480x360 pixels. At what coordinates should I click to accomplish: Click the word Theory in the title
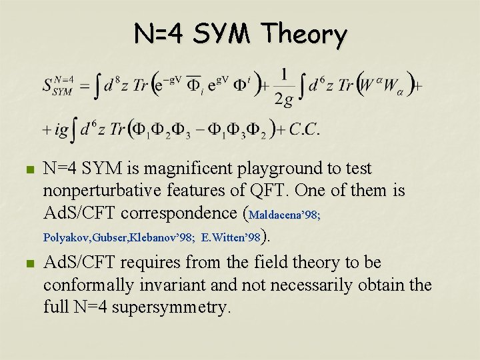tap(304, 34)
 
